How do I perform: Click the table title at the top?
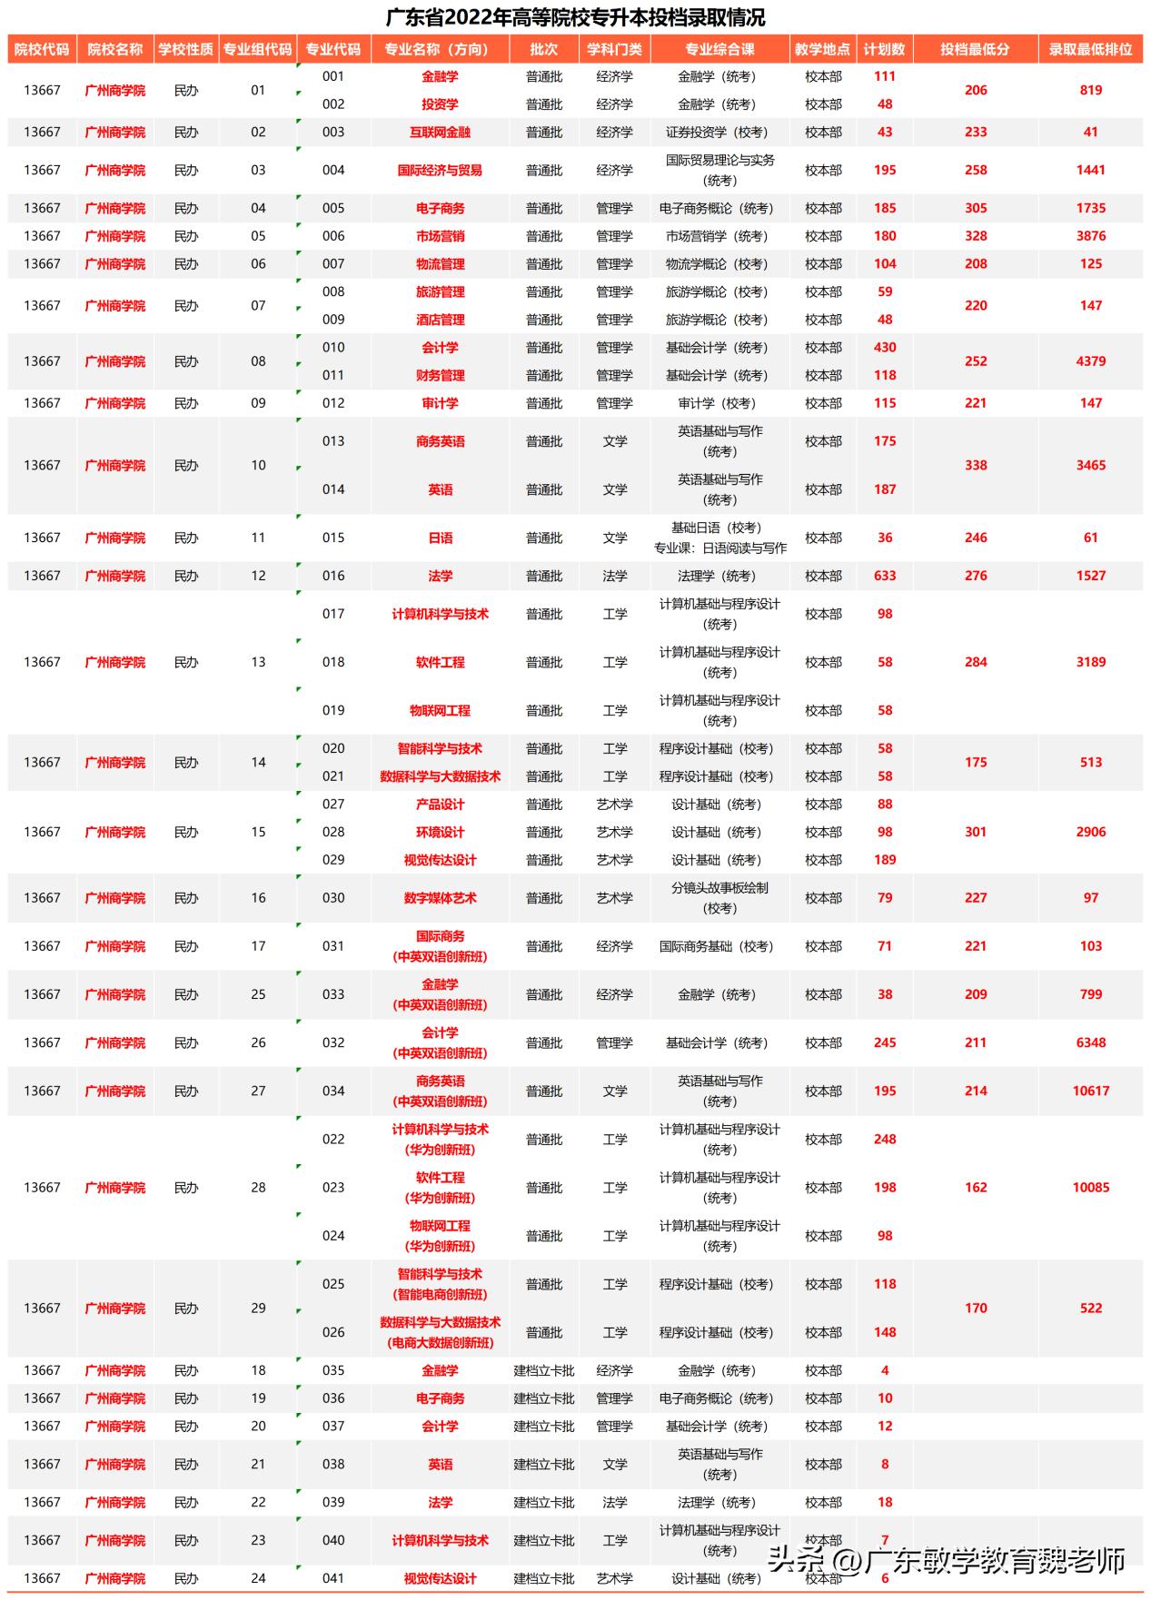575,17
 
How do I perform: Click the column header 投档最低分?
975,49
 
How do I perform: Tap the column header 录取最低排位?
1090,49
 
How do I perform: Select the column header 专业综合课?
719,49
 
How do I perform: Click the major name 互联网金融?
440,132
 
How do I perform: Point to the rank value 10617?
1090,1091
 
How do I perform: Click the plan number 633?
885,576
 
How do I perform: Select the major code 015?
333,538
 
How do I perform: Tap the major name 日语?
440,538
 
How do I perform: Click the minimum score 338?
976,465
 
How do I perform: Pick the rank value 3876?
1090,236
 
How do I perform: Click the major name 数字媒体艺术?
440,898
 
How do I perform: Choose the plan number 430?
885,348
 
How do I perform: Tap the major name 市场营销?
440,236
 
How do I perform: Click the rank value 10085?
1090,1187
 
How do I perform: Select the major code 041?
333,1578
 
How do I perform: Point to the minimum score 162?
976,1187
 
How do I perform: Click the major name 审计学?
440,403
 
